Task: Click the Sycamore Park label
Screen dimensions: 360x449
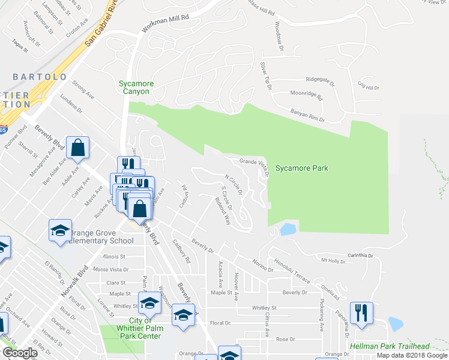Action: tap(301, 169)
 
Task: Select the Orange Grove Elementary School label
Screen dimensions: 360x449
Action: tap(101, 236)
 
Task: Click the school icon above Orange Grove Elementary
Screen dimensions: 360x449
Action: tap(60, 231)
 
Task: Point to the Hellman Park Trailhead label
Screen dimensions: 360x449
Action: tap(398, 347)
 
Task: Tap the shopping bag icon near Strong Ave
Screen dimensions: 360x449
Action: tap(78, 148)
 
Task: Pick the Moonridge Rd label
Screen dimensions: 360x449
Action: tap(306, 95)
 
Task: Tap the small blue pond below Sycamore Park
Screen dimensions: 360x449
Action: tap(288, 229)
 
